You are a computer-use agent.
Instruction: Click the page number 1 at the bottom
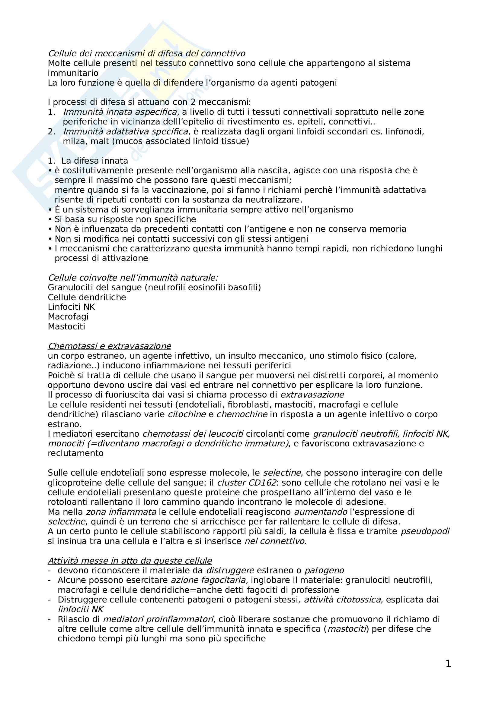(448, 663)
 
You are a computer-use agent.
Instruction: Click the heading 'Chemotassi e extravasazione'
(110, 346)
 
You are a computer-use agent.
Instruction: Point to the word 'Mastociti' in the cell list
(66, 326)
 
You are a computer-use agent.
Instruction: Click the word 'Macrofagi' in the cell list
(68, 316)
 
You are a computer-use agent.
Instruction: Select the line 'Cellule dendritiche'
(87, 297)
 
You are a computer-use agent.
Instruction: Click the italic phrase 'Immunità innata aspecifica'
(120, 112)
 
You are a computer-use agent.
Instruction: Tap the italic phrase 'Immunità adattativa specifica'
(126, 131)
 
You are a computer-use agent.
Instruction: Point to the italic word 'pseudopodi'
(425, 531)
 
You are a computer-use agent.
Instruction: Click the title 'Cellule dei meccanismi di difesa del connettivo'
(146, 53)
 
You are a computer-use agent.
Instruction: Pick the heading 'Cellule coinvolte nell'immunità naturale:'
(133, 278)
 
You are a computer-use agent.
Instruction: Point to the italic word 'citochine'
(187, 414)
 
